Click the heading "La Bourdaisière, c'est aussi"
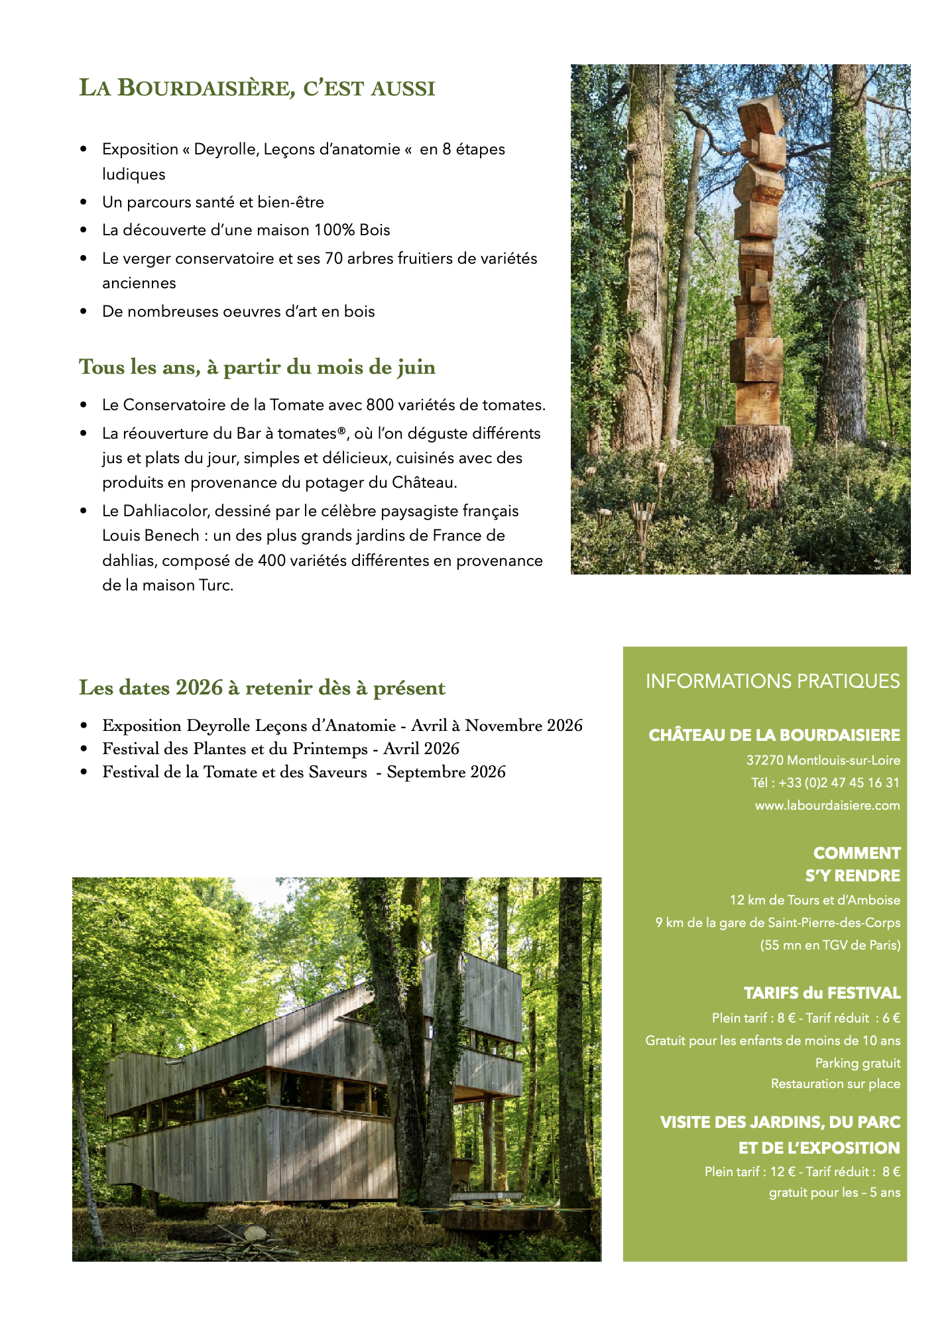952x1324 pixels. coord(257,88)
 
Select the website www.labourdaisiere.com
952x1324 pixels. coord(827,805)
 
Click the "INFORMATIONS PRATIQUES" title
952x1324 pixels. coord(772,681)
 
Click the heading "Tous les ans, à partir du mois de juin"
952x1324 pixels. coord(257,367)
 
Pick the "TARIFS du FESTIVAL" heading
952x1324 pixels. coord(821,993)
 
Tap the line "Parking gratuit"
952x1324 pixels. coord(857,1063)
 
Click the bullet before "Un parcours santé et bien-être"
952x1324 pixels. coord(84,202)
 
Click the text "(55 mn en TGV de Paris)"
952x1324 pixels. coord(830,945)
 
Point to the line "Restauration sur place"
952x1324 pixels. coord(835,1083)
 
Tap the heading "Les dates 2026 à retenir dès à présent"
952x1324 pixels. coord(262,688)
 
